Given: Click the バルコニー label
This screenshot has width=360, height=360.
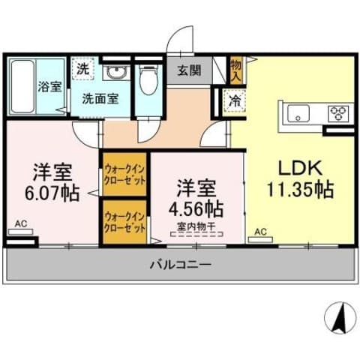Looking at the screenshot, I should [180, 265].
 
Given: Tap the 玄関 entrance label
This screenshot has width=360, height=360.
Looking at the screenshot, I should [189, 72].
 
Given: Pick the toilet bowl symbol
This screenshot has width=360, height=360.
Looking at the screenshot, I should [148, 79].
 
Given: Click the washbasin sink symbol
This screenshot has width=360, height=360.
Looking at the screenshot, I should [116, 74].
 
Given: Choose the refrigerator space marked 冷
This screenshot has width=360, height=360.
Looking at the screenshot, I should [235, 99].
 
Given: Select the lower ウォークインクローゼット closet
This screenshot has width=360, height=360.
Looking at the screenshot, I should [125, 220].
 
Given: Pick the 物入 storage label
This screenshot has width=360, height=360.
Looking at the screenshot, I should [236, 70].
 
